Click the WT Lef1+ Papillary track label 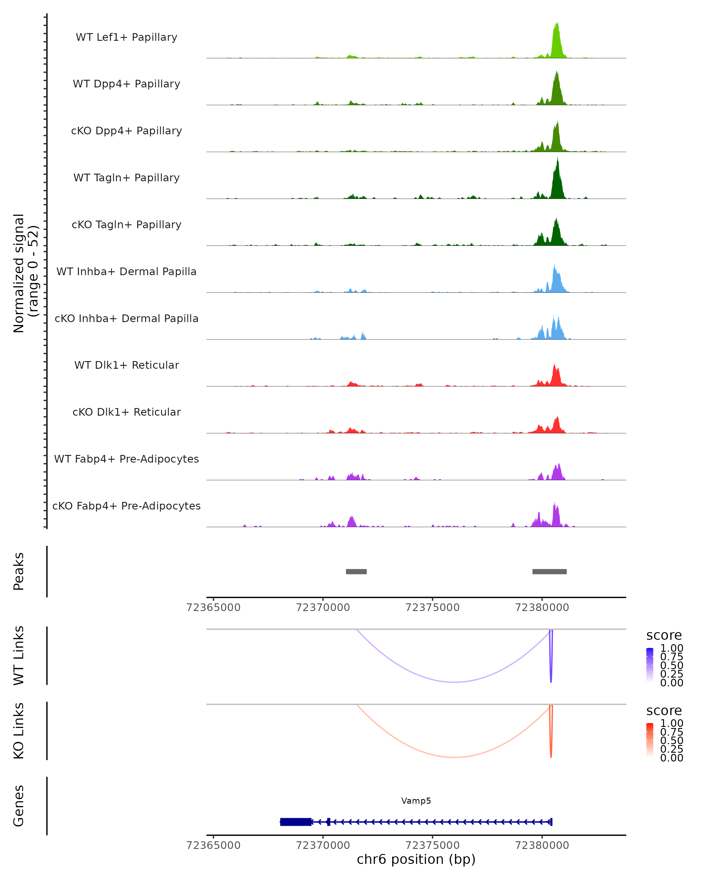[126, 37]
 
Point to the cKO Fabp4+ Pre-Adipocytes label [126, 506]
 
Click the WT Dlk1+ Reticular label [126, 365]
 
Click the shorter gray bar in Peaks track [356, 571]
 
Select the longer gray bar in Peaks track [549, 571]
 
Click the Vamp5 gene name [416, 801]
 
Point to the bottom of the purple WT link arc [455, 682]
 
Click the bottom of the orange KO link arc [455, 757]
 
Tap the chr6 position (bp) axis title [416, 859]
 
